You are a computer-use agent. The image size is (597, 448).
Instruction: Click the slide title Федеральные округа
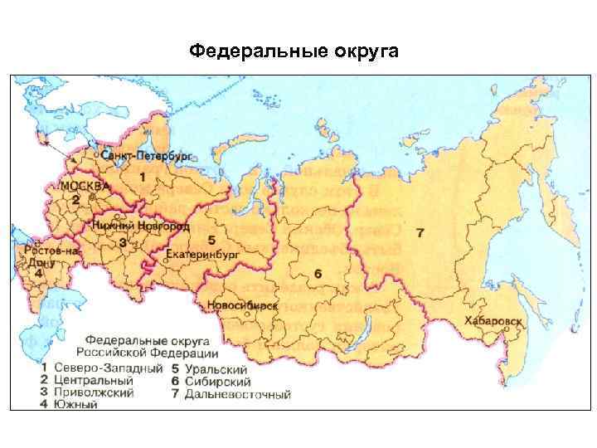point(294,52)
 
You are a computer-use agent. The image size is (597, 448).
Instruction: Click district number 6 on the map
point(318,273)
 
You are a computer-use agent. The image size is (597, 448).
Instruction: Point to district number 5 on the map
point(211,239)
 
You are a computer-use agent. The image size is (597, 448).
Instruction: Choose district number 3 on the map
point(123,242)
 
